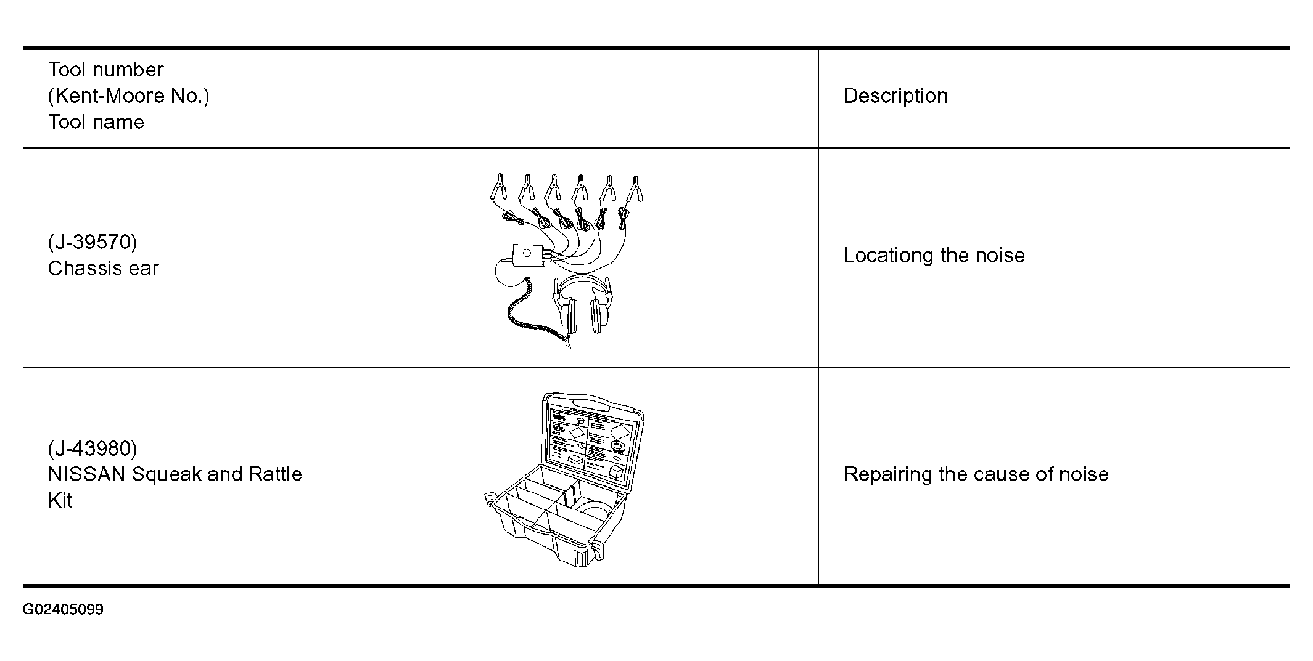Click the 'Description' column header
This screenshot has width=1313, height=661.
(895, 96)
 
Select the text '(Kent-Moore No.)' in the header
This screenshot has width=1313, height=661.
(129, 96)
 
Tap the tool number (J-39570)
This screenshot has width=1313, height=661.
(93, 242)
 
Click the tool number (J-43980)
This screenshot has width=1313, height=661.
(93, 448)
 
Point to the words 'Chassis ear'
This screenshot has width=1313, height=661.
(103, 269)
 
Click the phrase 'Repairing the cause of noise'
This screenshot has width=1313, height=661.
(976, 474)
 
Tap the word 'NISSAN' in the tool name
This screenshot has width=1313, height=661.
(87, 474)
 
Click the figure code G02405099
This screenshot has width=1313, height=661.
(63, 610)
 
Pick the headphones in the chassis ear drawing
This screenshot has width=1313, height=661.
(583, 305)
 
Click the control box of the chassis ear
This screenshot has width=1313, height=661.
(528, 254)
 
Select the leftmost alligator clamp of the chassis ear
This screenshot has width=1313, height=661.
(498, 187)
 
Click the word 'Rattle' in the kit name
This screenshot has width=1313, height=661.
(275, 474)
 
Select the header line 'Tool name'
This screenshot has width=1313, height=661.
(96, 122)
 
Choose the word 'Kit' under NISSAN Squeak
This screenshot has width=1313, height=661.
(60, 500)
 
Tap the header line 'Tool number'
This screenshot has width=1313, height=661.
(105, 70)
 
